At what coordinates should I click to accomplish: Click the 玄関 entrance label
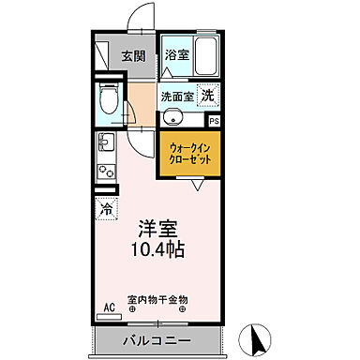click(132, 55)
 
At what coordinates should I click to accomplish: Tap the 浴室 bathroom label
click(177, 55)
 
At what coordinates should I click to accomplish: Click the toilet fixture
click(110, 97)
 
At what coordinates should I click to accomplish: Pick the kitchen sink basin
click(104, 143)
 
